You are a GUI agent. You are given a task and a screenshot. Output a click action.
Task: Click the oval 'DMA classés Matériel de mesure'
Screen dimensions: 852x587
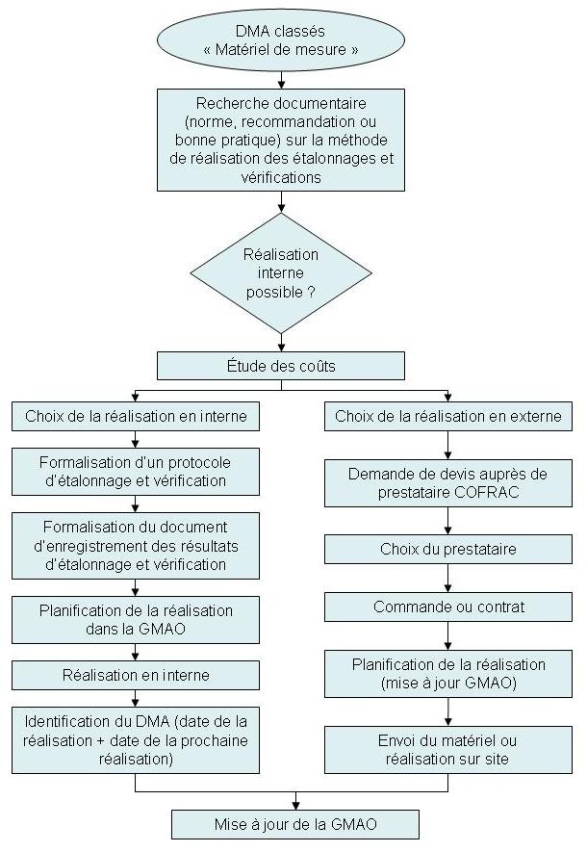tap(281, 40)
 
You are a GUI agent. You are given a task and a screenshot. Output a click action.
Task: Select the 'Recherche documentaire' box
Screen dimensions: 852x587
tap(281, 140)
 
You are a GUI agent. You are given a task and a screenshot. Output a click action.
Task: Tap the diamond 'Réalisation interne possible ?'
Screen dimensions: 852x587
tap(281, 273)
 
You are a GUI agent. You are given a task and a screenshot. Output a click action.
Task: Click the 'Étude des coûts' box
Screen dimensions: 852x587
tap(281, 365)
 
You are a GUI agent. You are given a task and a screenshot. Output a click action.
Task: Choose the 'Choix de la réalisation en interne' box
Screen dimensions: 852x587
tap(136, 417)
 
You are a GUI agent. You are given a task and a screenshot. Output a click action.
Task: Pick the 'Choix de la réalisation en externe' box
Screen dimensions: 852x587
tap(448, 417)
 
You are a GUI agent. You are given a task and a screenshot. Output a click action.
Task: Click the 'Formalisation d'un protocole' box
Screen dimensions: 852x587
tap(136, 470)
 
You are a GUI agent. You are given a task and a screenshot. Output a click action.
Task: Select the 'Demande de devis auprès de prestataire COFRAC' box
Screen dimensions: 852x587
tap(448, 483)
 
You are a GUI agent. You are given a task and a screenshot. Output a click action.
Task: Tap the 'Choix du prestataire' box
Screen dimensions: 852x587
tap(448, 549)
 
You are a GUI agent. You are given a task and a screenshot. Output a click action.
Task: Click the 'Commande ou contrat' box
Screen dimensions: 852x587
tap(448, 607)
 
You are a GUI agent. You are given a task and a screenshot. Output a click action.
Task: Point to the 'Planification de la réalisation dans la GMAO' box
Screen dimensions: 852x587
tap(136, 620)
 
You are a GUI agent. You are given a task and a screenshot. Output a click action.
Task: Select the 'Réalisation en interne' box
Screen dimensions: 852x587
tap(136, 675)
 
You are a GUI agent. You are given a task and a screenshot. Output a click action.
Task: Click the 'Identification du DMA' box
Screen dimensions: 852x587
tap(136, 739)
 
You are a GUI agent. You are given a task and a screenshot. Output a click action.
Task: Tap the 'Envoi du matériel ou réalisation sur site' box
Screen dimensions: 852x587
tap(448, 750)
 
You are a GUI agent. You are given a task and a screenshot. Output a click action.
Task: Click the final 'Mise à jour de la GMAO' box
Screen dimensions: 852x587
tap(294, 825)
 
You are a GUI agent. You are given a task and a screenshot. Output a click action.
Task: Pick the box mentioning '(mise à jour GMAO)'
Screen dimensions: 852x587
tap(448, 675)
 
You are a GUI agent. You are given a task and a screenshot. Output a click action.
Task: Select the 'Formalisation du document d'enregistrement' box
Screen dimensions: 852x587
tap(136, 545)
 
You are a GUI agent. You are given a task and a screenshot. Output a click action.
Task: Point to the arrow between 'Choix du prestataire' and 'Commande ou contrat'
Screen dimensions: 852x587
tap(448, 578)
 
